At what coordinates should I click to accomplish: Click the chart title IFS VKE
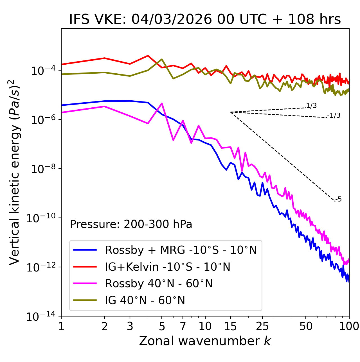pos(205,19)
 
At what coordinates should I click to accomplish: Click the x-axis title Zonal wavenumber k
pos(205,341)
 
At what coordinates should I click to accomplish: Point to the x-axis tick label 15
pos(230,326)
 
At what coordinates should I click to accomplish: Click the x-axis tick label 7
pos(183,326)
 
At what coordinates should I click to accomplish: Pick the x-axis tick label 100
pos(349,326)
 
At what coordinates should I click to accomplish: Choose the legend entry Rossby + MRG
pos(181,250)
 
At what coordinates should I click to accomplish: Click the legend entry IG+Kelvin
pos(168,267)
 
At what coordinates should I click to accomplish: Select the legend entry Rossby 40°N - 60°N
pos(159,284)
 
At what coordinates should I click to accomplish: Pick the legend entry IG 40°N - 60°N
pos(145,300)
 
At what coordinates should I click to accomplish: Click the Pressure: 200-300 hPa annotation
pos(131,224)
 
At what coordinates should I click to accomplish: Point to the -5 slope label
pos(338,200)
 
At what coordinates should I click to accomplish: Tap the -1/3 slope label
pos(334,116)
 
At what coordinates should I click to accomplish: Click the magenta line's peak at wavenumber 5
pos(162,103)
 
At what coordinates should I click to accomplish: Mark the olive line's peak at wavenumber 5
pos(162,59)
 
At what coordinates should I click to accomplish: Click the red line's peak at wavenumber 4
pos(148,56)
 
